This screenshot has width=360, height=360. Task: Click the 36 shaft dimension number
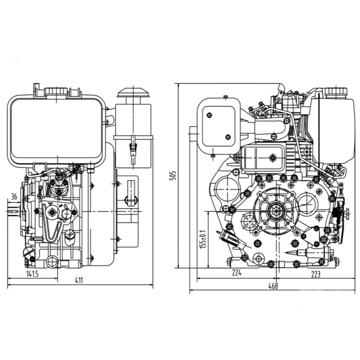tap(13, 196)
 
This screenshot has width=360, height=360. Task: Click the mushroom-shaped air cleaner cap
tap(134, 94)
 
